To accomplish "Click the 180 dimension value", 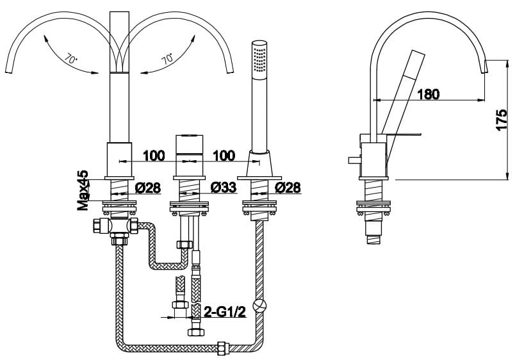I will coord(428,94).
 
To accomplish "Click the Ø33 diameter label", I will coord(222,188).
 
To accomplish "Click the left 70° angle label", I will coord(71,60).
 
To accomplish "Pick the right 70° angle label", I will coord(168,60).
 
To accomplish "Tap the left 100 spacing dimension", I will coord(153,156).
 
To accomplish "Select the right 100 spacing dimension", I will coord(222,156).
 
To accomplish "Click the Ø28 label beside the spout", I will coord(148,188).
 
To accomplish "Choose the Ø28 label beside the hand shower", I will coord(288,188).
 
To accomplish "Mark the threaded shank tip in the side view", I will coord(373,239).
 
